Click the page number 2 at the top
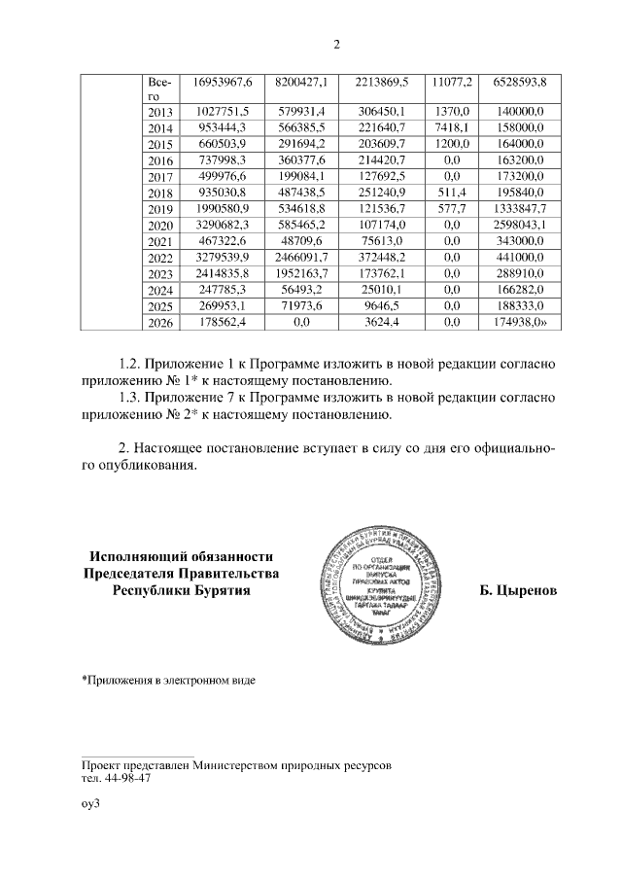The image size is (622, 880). (336, 44)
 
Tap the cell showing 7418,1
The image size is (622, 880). (451, 128)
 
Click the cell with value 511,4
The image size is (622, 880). (451, 194)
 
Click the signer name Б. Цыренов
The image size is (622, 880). (519, 590)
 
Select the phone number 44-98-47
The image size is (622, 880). (124, 778)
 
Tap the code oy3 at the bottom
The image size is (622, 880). (91, 804)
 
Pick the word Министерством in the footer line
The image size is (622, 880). (241, 766)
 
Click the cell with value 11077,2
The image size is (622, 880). (451, 82)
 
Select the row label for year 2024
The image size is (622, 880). (160, 290)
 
